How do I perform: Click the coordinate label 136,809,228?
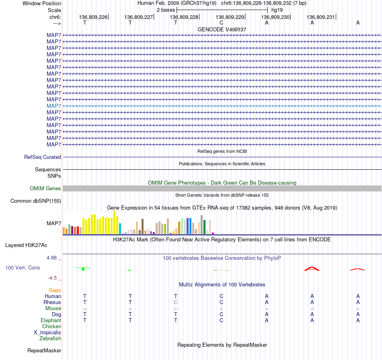pos(184,17)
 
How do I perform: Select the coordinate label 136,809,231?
pos(320,17)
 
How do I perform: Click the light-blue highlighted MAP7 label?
pos(54,106)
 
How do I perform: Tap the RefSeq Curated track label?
pos(43,157)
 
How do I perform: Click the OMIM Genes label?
pos(45,188)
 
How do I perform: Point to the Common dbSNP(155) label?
pos(36,201)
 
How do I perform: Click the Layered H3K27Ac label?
pos(26,245)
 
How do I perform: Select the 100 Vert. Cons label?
pos(23,267)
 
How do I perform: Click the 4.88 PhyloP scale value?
pos(51,257)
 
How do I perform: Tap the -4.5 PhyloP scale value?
pos(52,278)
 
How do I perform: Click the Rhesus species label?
pos(52,302)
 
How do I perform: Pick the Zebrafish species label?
pos(50,338)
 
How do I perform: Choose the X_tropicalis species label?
pos(47,333)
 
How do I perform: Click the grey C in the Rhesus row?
pos(175,302)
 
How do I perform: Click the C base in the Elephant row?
pos(221,320)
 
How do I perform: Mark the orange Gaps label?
pos(55,290)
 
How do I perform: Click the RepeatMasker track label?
pos(44,350)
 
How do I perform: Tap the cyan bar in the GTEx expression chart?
pos(120,228)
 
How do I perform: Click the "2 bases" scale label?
pos(166,10)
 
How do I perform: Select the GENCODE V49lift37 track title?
pos(222,29)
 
